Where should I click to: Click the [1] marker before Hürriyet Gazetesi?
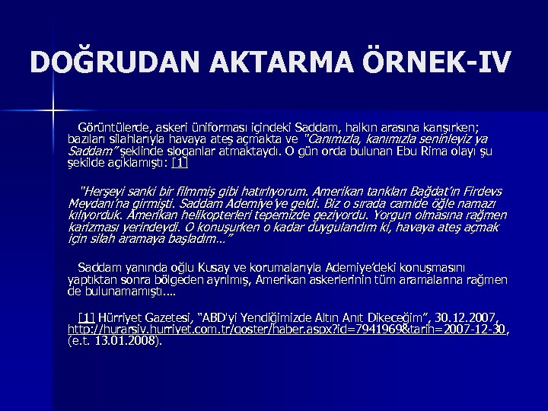pos(85,316)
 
